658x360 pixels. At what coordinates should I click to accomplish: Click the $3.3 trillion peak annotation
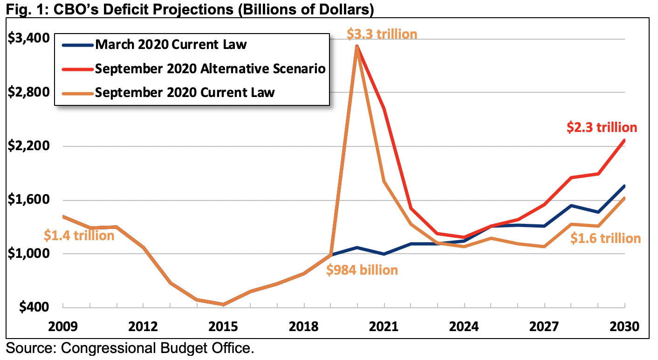click(382, 34)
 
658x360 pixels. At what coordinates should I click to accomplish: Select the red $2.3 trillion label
click(602, 128)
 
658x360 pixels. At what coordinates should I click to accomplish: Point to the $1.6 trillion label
click(606, 238)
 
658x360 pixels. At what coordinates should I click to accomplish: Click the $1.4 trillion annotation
click(79, 235)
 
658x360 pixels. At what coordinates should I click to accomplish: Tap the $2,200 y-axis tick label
click(29, 146)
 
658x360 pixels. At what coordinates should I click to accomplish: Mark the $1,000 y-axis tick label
click(29, 254)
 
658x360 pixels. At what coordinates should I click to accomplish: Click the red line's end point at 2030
click(624, 140)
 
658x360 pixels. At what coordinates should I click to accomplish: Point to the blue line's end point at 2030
click(624, 186)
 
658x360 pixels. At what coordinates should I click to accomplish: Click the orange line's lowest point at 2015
click(224, 305)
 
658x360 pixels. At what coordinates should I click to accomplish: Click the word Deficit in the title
click(117, 9)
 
